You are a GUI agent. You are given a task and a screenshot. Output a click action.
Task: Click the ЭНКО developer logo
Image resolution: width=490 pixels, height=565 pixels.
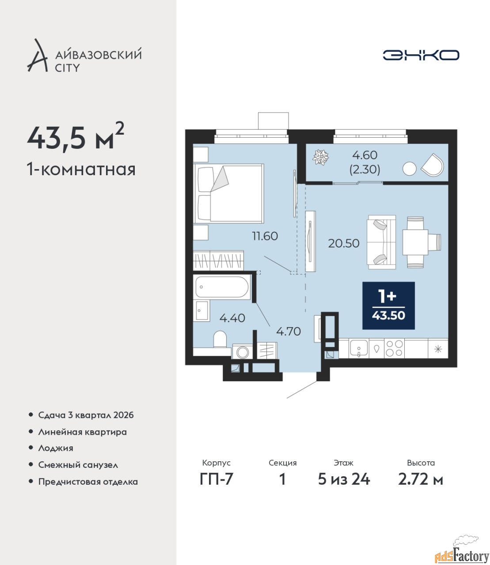421,55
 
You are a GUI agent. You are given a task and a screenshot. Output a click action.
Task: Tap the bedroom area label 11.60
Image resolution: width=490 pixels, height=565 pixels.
265,236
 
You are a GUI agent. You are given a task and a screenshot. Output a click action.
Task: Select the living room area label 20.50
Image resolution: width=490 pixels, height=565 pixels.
344,243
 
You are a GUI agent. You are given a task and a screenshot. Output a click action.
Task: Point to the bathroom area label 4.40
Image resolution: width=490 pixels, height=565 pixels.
232,318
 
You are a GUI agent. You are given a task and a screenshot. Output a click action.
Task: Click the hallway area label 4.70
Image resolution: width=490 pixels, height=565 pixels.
289,331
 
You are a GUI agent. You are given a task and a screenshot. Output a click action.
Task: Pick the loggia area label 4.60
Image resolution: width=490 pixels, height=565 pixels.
365,155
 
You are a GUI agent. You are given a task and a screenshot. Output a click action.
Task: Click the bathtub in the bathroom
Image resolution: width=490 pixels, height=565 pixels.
222,287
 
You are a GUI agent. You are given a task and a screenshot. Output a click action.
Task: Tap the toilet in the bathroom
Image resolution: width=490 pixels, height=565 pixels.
220,339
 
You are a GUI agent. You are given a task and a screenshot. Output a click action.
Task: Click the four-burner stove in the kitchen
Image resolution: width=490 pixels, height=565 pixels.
394,348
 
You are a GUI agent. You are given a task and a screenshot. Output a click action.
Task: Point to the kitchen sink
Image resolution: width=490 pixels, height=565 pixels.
359,349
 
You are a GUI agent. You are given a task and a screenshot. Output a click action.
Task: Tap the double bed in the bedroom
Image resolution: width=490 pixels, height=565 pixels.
228,193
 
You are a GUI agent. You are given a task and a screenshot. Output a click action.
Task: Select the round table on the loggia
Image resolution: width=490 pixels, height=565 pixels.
409,169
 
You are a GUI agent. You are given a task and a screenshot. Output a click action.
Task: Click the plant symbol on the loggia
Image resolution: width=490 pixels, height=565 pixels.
321,158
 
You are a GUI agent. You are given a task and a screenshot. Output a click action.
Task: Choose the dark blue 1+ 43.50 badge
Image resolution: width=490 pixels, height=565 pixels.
388,305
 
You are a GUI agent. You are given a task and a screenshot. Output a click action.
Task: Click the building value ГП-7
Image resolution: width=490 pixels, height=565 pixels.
217,479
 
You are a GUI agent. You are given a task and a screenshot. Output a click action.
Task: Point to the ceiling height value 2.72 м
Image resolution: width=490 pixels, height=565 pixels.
421,479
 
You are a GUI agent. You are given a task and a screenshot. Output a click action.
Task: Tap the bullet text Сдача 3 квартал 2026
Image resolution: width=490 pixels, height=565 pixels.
86,415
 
